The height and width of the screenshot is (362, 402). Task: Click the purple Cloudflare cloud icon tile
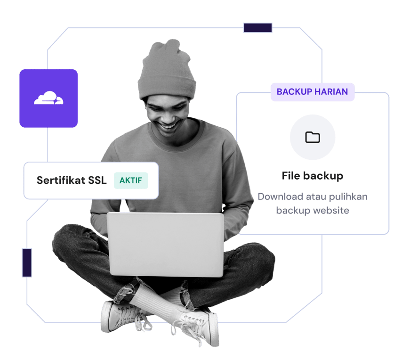(x=48, y=99)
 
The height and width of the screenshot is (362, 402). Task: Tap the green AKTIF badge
(x=131, y=181)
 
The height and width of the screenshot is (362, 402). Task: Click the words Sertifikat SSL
(x=72, y=181)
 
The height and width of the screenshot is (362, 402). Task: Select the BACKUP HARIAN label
(x=312, y=92)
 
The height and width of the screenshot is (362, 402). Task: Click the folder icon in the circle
(x=313, y=137)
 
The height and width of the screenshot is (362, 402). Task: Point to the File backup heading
(x=313, y=176)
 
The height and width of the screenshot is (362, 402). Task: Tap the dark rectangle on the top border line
(x=257, y=28)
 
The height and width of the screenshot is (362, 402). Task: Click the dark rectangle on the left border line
(x=27, y=263)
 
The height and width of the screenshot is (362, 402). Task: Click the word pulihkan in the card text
(x=346, y=197)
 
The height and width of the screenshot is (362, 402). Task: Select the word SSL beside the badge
(x=97, y=181)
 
